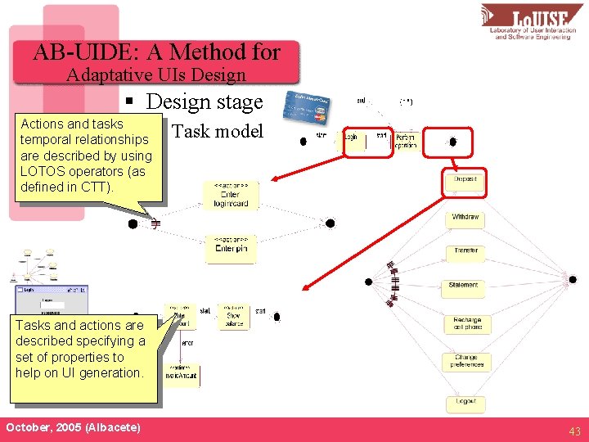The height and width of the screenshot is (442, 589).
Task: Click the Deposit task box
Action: coord(465,179)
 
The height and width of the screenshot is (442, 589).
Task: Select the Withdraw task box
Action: coord(465,218)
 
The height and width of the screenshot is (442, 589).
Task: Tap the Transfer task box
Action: coord(465,250)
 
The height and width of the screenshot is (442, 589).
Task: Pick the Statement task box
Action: coord(464,285)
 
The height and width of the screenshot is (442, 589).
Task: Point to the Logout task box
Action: coord(465,403)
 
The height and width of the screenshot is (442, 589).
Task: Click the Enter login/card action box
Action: coord(230,195)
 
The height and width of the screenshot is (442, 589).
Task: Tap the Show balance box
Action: coord(234,317)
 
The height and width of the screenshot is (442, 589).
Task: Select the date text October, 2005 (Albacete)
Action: coord(73,428)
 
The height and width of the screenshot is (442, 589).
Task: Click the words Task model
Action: coord(218,132)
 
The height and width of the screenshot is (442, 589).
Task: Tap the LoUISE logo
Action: coord(531,22)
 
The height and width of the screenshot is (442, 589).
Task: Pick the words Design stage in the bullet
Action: coord(205,102)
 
